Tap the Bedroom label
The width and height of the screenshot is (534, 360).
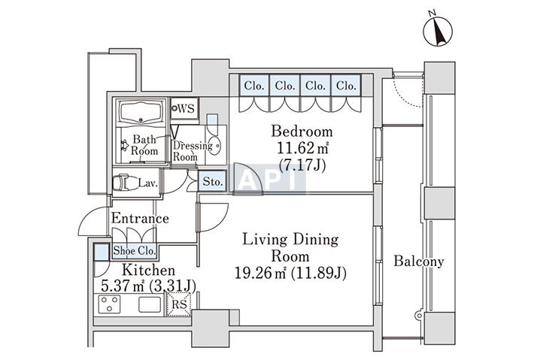click(302, 132)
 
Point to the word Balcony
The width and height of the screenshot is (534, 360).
click(419, 262)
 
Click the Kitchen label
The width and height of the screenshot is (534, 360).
click(148, 270)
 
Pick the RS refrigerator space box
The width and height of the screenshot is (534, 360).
click(179, 304)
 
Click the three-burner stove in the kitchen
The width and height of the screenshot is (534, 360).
click(110, 304)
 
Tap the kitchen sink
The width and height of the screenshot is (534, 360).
click(150, 304)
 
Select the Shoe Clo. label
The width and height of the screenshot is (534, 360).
click(134, 251)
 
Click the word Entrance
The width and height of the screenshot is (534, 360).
click(140, 218)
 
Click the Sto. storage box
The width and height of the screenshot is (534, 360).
click(212, 181)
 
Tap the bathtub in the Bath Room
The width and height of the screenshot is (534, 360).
click(141, 111)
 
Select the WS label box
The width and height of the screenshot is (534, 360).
click(184, 108)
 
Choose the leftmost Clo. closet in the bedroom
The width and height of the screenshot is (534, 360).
click(254, 85)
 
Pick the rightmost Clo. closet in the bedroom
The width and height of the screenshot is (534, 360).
click(346, 85)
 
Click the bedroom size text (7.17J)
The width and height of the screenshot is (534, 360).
click(302, 165)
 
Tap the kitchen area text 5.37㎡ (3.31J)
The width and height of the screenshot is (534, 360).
click(148, 286)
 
